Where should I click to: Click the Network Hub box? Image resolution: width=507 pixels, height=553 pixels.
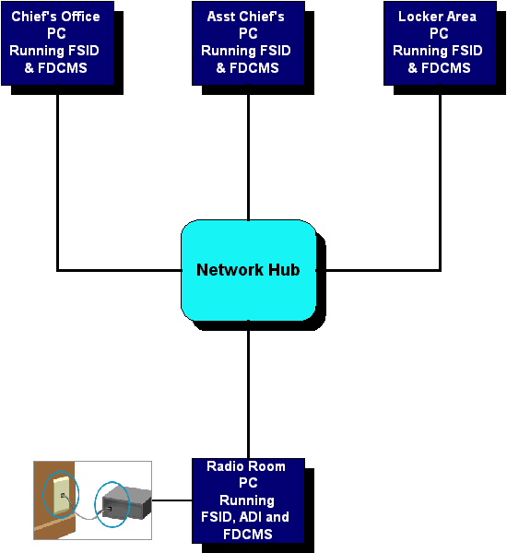(248, 270)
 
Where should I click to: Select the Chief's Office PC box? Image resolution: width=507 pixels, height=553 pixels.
(57, 43)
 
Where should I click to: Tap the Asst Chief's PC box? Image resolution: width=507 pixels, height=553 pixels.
(248, 43)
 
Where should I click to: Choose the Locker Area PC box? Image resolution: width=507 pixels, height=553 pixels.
(440, 43)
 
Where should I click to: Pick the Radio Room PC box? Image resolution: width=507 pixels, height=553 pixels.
(248, 500)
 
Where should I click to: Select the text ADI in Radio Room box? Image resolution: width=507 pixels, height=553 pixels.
(251, 517)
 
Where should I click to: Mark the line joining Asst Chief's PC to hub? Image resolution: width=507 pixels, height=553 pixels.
(248, 153)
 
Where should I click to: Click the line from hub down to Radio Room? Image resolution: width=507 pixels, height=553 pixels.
(248, 390)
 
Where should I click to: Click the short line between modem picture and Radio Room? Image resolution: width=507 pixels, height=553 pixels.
(171, 500)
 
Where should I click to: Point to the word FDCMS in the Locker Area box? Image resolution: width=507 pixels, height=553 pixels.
(446, 67)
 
